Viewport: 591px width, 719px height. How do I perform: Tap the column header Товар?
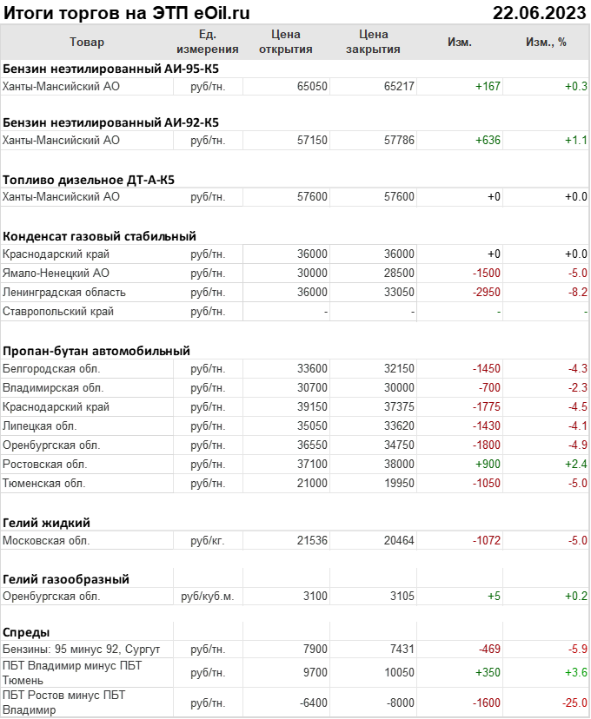[x=86, y=42]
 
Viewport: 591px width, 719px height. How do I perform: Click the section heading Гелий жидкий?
[x=47, y=522]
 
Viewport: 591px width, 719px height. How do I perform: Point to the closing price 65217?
[x=399, y=86]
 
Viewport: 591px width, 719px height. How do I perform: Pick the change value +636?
[x=488, y=140]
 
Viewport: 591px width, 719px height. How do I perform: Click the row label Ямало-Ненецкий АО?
[x=56, y=273]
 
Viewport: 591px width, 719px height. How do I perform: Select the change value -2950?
[x=486, y=292]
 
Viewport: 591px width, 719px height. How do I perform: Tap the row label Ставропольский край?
[x=58, y=311]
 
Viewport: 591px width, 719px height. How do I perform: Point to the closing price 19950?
[x=399, y=483]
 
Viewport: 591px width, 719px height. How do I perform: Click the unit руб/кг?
[x=208, y=540]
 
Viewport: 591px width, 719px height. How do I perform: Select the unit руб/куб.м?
[x=208, y=597]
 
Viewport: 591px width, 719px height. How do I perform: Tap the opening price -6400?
[x=310, y=703]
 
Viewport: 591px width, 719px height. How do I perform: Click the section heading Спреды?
[x=26, y=631]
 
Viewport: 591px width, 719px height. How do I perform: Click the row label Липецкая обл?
[x=40, y=425]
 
